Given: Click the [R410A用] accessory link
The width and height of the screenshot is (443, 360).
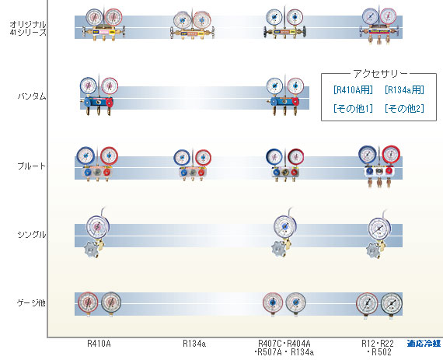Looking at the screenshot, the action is pyautogui.click(x=353, y=90).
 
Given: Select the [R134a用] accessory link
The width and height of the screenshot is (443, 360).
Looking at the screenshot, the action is pyautogui.click(x=404, y=90).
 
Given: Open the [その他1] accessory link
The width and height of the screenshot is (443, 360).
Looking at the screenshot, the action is pyautogui.click(x=353, y=108).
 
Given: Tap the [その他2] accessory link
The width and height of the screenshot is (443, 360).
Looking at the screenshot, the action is pyautogui.click(x=404, y=108).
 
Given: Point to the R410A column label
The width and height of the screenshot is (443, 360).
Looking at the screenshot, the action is pyautogui.click(x=99, y=344).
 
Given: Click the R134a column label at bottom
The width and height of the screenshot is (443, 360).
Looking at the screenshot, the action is pyautogui.click(x=194, y=344).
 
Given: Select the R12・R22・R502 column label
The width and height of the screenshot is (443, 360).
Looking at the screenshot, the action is pyautogui.click(x=378, y=348).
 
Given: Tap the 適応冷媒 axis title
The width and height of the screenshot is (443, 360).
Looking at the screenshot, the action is pyautogui.click(x=424, y=344).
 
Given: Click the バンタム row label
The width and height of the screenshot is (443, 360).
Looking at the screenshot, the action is pyautogui.click(x=32, y=96).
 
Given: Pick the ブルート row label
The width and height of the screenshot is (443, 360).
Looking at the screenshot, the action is pyautogui.click(x=31, y=166).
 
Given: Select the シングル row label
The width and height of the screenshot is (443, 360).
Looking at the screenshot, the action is pyautogui.click(x=32, y=235).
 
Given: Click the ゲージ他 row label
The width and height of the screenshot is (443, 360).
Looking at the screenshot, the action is pyautogui.click(x=31, y=303).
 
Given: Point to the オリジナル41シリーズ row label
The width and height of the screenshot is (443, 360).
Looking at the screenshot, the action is pyautogui.click(x=28, y=28).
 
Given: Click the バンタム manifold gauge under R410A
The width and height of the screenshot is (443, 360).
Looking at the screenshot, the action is pyautogui.click(x=99, y=96).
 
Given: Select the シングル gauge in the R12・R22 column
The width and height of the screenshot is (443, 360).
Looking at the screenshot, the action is pyautogui.click(x=378, y=234).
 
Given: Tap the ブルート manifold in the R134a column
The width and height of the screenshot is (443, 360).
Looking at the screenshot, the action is pyautogui.click(x=193, y=165).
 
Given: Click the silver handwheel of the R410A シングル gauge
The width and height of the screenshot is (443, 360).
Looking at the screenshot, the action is pyautogui.click(x=91, y=250).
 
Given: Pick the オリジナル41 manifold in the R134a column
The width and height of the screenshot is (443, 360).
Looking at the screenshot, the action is pyautogui.click(x=192, y=25).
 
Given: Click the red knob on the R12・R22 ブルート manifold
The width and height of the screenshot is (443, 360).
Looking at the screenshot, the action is pyautogui.click(x=389, y=171).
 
